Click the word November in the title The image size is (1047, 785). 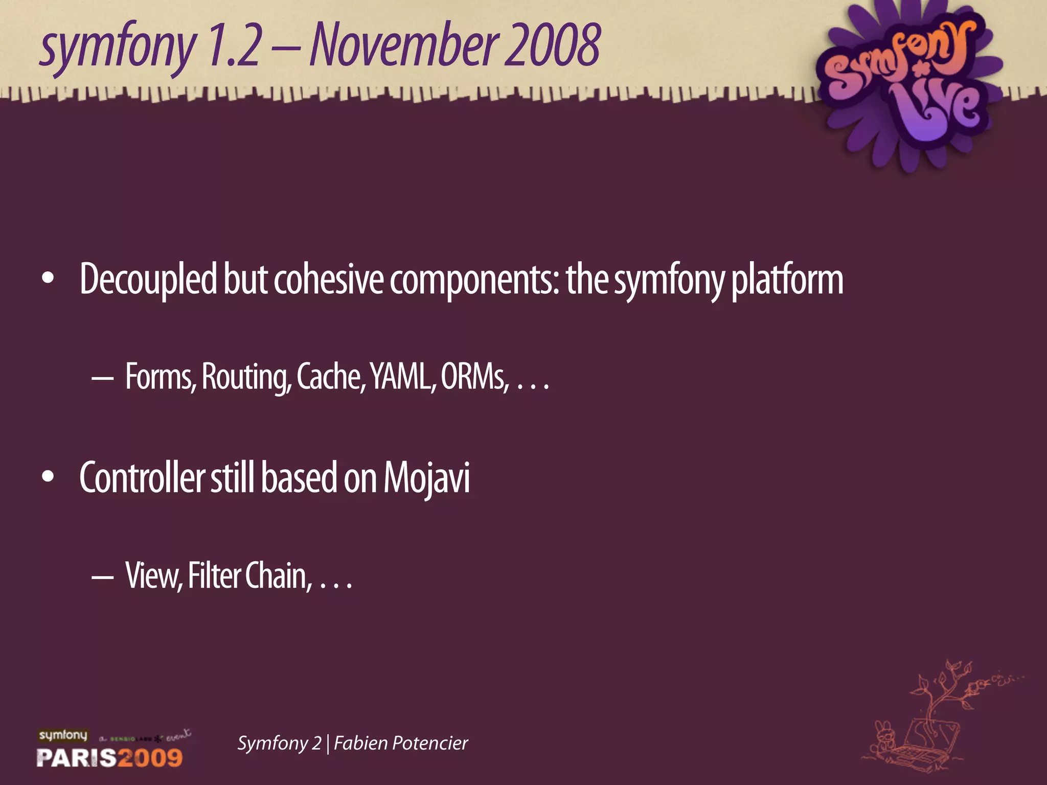[404, 46]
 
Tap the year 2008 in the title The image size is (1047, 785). [552, 46]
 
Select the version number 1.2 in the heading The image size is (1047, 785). [235, 46]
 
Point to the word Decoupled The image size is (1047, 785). [148, 280]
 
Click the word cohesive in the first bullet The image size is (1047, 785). [328, 280]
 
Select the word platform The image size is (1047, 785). [787, 280]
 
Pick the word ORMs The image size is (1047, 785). [474, 377]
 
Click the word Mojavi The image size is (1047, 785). [426, 478]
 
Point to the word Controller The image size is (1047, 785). [142, 478]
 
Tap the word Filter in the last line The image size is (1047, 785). [214, 576]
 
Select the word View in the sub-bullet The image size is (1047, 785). [153, 576]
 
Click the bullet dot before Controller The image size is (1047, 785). [48, 477]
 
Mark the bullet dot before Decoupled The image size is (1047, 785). [48, 279]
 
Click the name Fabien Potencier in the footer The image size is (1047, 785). [401, 743]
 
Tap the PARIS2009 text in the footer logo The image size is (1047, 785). [109, 757]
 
